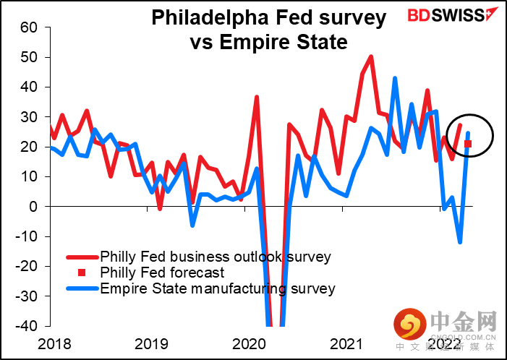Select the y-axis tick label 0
32,206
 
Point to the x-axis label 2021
350,342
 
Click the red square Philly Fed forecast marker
468,144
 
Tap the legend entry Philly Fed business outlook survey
215,257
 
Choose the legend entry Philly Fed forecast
162,273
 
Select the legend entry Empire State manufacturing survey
217,288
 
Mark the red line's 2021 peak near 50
371,56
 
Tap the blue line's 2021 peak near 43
395,78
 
